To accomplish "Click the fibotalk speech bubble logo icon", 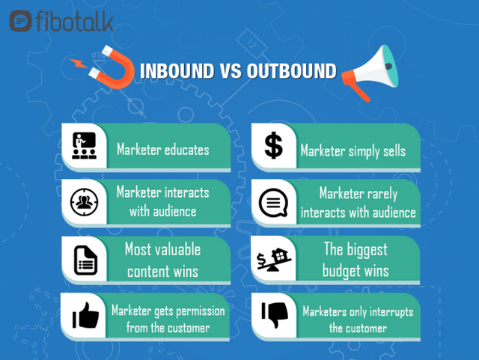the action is click(20, 21).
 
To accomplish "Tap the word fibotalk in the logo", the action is click(75, 21).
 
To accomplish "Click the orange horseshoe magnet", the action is click(112, 67).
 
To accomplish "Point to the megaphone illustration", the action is click(370, 72).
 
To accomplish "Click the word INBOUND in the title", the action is click(177, 71).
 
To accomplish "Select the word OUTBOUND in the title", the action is click(291, 71).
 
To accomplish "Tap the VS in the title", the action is click(230, 71).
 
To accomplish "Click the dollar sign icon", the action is click(273, 145).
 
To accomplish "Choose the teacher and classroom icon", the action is click(85, 146).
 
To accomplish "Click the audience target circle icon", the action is click(85, 202).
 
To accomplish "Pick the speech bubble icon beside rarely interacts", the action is click(273, 203).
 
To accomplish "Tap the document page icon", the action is click(85, 260).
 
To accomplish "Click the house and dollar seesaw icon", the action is click(274, 260).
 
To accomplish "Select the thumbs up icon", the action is click(85, 315).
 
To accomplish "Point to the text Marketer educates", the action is click(163, 150).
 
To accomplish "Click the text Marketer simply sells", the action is click(353, 151).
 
